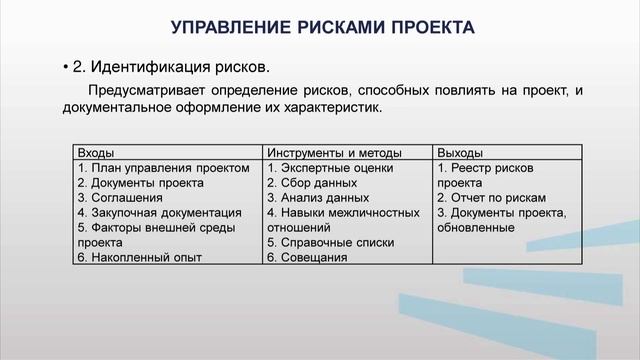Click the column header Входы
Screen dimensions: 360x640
95,153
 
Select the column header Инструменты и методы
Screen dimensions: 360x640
334,153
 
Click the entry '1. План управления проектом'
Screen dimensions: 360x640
163,168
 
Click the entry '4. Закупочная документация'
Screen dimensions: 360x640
159,213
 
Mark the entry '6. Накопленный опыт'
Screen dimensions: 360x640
139,257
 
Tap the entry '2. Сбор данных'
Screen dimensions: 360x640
312,183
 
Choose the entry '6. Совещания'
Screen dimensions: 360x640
307,257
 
